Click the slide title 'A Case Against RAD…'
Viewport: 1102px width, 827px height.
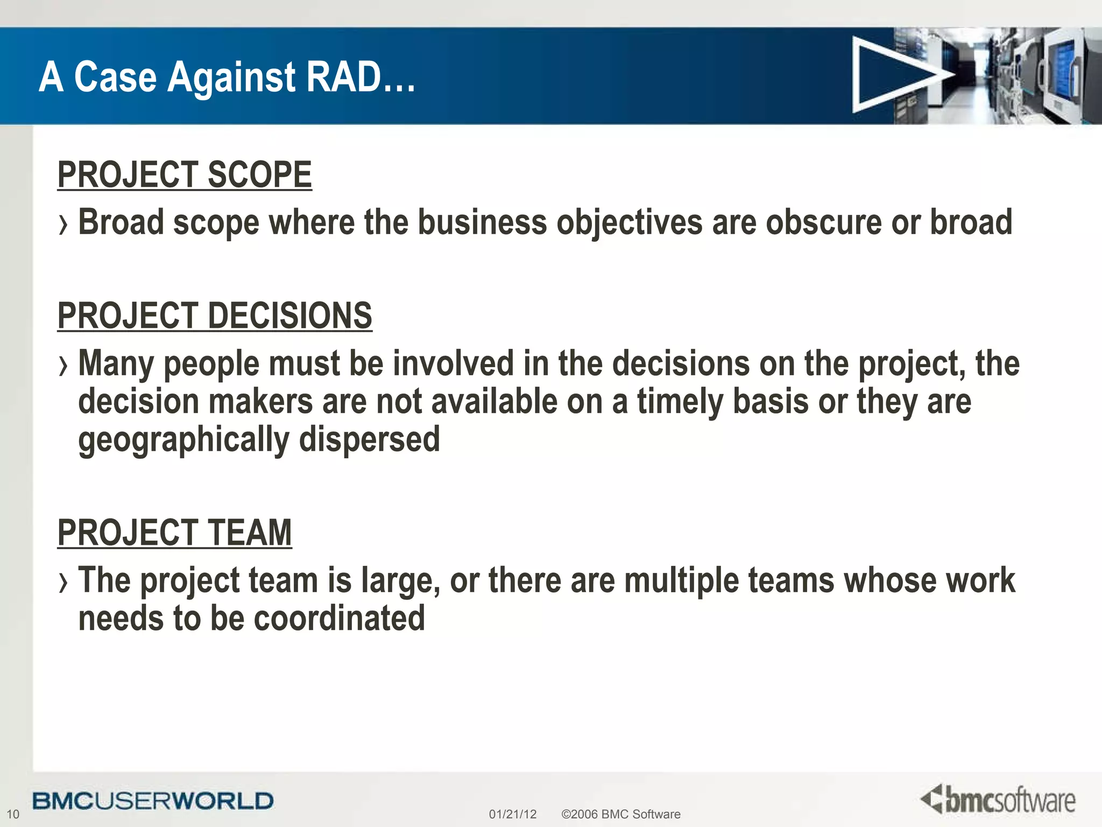(227, 77)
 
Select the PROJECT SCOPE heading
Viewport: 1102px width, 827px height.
(185, 174)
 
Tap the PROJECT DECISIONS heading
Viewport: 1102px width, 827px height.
(215, 316)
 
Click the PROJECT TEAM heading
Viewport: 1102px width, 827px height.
(174, 532)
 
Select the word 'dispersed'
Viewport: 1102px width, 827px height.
(369, 439)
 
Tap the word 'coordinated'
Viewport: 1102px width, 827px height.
(339, 618)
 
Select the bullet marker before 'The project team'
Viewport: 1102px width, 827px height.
(63, 583)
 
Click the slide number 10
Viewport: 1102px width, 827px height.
(13, 814)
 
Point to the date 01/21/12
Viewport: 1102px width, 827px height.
(512, 814)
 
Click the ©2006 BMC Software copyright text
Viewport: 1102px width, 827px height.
(620, 814)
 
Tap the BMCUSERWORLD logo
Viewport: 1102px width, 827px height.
(153, 801)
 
